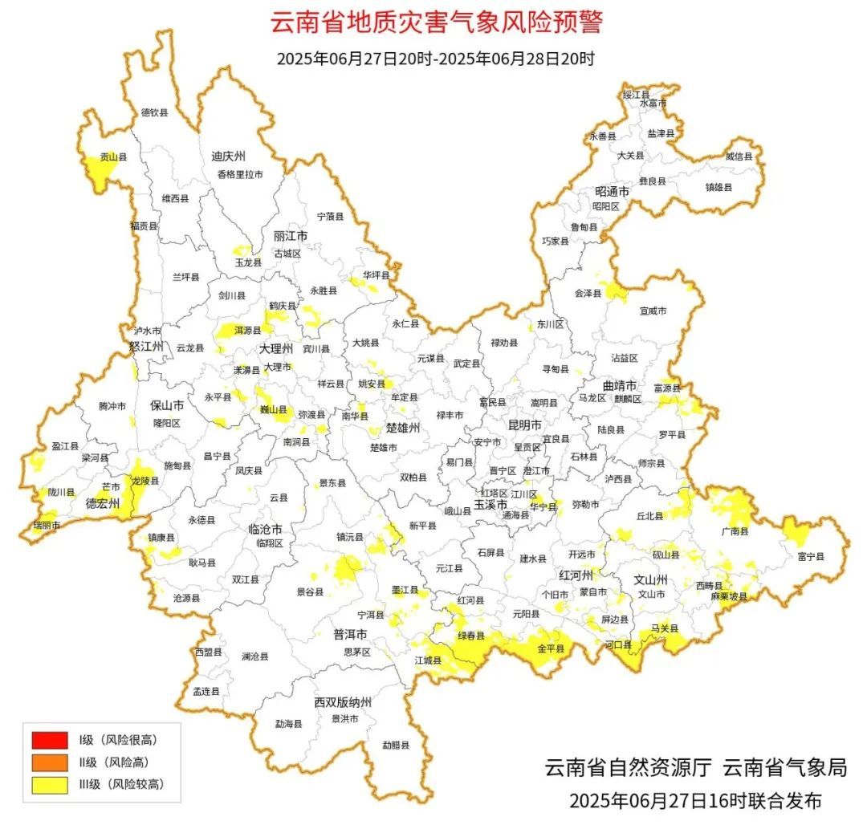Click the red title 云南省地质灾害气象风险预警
pos(436,22)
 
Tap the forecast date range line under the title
pos(435,59)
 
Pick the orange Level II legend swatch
pos(50,762)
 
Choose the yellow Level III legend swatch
pos(50,784)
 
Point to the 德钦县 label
pos(155,113)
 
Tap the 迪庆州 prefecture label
pos(228,156)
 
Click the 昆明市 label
pos(525,425)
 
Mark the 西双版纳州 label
pos(343,702)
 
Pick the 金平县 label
pos(551,646)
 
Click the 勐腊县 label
pos(395,745)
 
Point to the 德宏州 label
pos(103,504)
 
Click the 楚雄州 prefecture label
pos(403,428)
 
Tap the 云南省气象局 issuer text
pos(785,767)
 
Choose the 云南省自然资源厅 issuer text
pos(629,767)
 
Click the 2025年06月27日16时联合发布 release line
pos(695,800)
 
